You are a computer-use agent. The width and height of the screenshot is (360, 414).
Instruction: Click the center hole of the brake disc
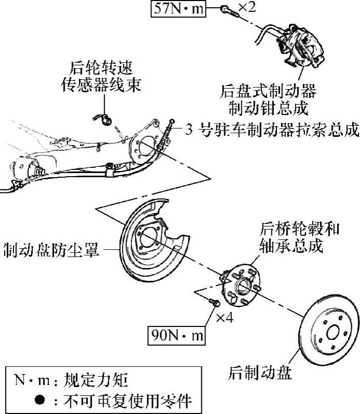tap(331, 331)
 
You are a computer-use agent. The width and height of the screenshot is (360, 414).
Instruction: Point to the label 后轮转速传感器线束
tap(101, 76)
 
